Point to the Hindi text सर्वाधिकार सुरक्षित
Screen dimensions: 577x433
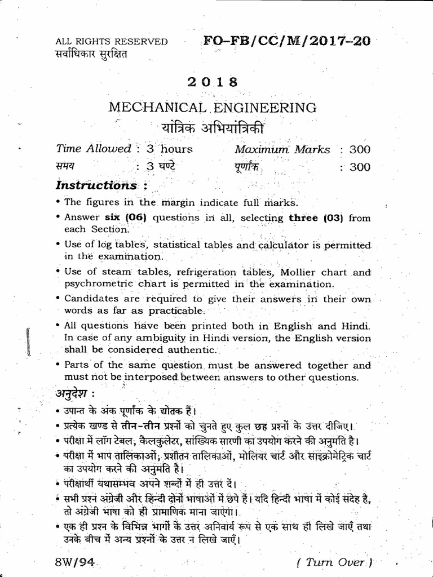tap(92, 54)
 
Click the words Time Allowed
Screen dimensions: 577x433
tap(94, 149)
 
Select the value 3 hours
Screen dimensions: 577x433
tap(169, 149)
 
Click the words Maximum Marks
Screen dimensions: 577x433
tap(282, 149)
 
